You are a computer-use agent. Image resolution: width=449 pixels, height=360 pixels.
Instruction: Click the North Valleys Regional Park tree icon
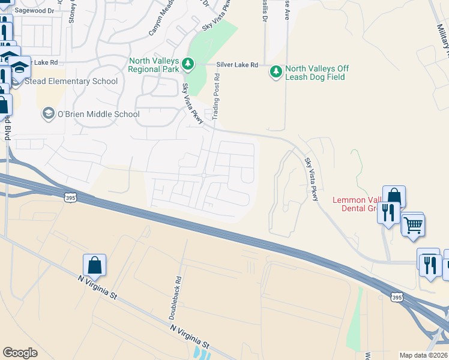point(188,64)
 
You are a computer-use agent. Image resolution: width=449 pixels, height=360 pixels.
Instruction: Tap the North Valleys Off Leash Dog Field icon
point(276,72)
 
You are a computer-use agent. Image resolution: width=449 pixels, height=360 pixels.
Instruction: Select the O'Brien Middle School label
point(98,114)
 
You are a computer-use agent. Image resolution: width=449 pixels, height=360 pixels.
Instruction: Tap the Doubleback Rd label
point(178,289)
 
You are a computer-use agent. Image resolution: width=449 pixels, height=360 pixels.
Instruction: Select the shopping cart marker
point(413,226)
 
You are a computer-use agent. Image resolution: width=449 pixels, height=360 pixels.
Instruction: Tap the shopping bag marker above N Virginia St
point(95,265)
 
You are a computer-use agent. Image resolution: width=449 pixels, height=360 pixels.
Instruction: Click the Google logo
point(20,353)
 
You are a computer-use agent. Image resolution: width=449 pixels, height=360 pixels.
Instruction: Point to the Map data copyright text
point(423,355)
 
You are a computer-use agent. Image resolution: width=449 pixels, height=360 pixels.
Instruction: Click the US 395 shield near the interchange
point(396,297)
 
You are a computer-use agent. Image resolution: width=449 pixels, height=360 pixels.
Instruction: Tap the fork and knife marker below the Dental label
point(388,211)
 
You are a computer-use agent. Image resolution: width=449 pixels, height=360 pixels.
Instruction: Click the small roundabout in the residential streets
point(204,175)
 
